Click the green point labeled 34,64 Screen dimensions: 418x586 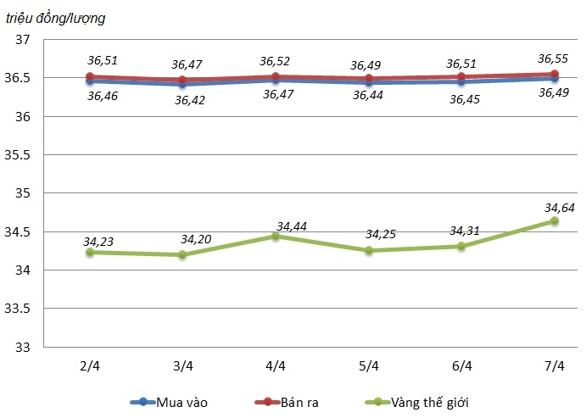[554, 220]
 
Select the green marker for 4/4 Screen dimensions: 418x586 [276, 236]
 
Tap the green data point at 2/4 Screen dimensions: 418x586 [89, 252]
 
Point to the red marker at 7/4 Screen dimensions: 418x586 [554, 74]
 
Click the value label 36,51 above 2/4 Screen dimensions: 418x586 [99, 60]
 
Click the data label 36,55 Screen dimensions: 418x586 [553, 59]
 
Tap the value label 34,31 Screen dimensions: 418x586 [463, 231]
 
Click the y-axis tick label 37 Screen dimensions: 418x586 [23, 39]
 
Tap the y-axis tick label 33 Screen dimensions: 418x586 [23, 347]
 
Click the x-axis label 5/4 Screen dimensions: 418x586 [368, 366]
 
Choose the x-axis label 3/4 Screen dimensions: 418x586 [182, 366]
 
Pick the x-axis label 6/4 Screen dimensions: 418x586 [461, 366]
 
